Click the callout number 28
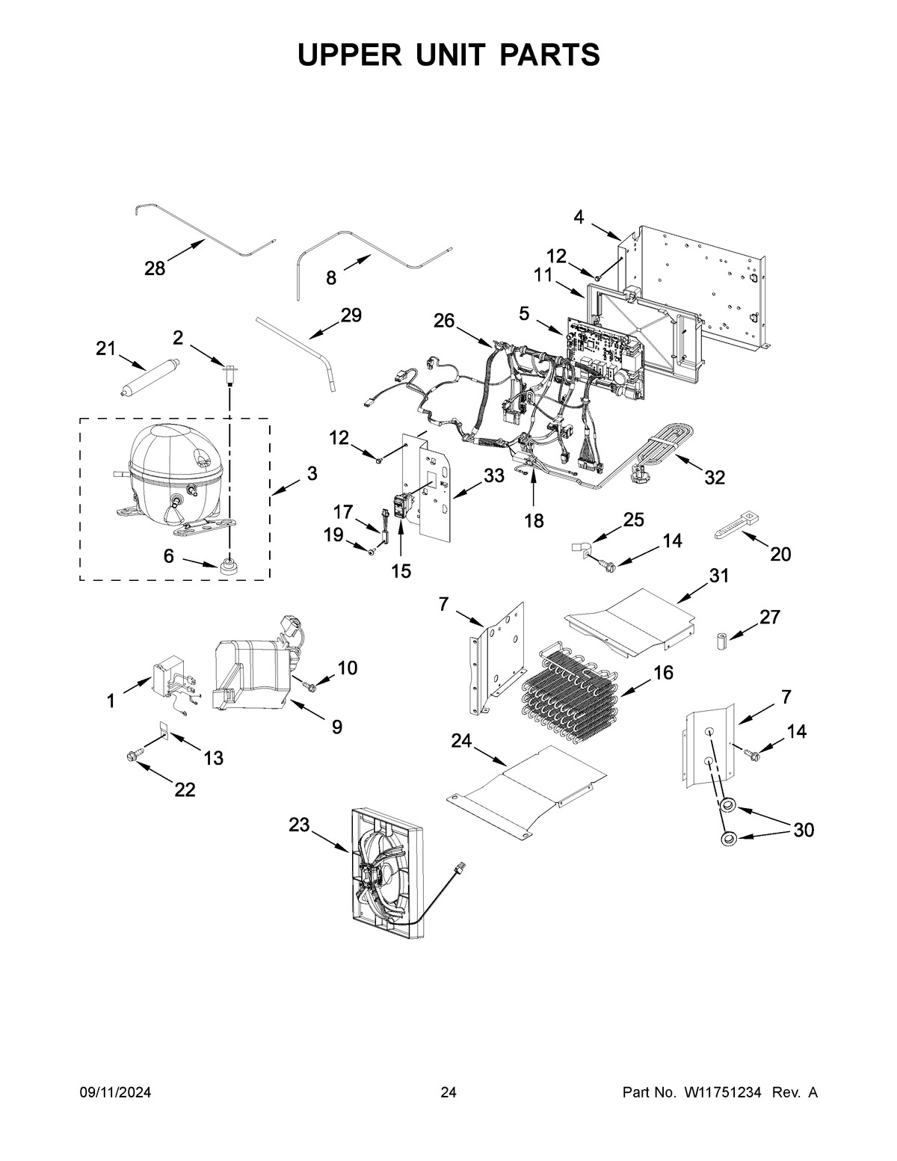(155, 268)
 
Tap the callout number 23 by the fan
(299, 825)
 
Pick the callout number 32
(715, 477)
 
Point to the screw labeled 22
(135, 759)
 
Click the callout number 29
(351, 316)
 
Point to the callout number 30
(803, 830)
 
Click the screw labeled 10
(308, 683)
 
